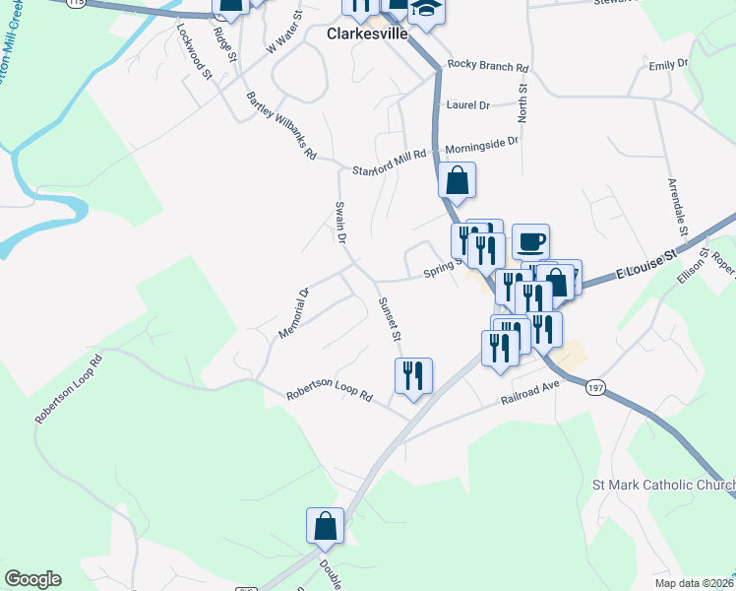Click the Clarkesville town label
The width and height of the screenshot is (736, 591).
point(367,33)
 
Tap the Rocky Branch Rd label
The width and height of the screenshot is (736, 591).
point(488,66)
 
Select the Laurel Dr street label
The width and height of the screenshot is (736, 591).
point(467,104)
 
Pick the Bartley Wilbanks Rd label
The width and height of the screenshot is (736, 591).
point(281,125)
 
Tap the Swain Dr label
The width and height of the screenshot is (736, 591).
point(340,223)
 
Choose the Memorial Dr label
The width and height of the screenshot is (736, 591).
point(293,313)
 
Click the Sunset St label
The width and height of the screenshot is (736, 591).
point(389,319)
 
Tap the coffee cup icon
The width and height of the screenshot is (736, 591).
point(530,240)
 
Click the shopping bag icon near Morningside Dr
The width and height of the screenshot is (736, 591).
point(457,180)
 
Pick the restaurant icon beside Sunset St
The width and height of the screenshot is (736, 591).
point(413,375)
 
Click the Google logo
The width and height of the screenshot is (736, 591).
point(32,579)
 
